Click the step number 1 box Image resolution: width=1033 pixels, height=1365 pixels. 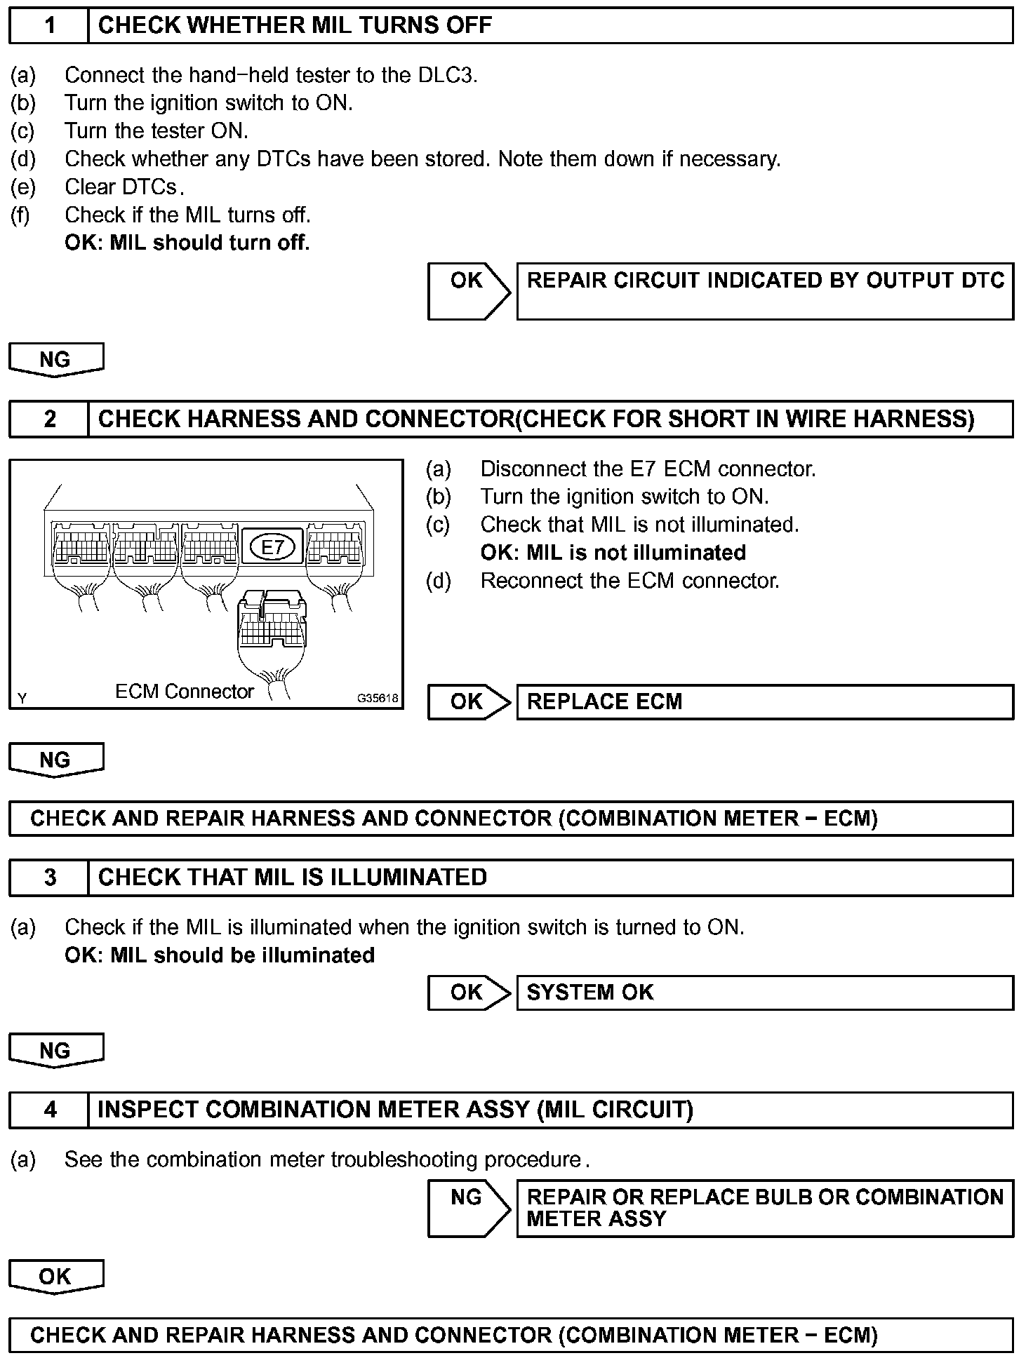coord(49,26)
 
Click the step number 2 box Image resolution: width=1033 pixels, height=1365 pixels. coord(49,419)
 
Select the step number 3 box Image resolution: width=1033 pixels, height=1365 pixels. coord(49,877)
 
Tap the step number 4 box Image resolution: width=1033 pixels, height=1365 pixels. coord(49,1110)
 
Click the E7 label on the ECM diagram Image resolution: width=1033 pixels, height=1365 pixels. coord(272,547)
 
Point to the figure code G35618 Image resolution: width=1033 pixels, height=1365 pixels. coord(378,698)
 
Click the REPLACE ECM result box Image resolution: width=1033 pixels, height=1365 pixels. coord(764,702)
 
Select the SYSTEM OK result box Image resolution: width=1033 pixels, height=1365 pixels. coord(764,993)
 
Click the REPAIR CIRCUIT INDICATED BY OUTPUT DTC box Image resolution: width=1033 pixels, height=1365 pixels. coord(764,291)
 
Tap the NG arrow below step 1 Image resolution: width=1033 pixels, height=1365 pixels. coord(55,360)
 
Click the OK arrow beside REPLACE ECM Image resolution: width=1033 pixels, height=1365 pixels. coord(469,702)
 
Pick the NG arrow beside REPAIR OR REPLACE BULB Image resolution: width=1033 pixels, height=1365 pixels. coord(469,1208)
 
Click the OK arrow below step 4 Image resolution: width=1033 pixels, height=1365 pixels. coord(55,1277)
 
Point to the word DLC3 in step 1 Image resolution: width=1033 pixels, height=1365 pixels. coord(446,75)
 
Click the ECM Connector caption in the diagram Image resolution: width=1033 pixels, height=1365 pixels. coord(184,692)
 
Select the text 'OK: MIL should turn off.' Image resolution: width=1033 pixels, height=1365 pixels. coord(187,243)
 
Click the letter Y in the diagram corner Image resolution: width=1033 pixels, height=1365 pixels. coord(22,698)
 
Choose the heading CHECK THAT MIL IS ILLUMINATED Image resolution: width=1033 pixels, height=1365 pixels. coord(292,877)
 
